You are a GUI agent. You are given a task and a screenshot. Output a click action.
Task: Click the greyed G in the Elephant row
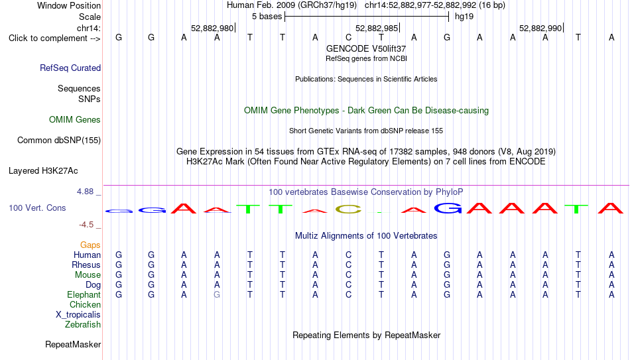click(x=217, y=295)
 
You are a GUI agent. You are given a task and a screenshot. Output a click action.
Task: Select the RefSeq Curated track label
click(x=70, y=68)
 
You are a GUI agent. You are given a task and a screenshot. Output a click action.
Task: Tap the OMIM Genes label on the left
click(x=75, y=120)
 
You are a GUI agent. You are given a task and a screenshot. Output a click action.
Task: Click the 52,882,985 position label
click(x=377, y=28)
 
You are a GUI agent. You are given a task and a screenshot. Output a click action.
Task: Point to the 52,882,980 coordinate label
click(x=212, y=28)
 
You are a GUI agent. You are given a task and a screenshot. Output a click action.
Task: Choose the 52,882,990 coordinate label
click(x=540, y=28)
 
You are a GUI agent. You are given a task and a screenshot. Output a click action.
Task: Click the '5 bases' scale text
click(x=267, y=17)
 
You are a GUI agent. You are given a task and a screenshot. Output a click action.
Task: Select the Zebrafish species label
click(x=83, y=325)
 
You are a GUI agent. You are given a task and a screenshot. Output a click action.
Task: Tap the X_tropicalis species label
click(x=78, y=315)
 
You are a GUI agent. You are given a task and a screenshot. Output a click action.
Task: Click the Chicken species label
click(x=85, y=304)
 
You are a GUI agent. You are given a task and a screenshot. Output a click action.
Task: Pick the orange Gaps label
click(x=90, y=245)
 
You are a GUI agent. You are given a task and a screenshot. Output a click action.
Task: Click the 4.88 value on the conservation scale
click(x=85, y=192)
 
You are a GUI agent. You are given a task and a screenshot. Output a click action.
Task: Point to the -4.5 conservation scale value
click(x=86, y=225)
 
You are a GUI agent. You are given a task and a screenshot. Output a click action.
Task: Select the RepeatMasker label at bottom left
click(x=73, y=344)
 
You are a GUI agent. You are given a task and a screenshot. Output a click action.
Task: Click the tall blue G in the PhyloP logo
click(x=448, y=208)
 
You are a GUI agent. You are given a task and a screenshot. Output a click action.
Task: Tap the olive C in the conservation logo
click(x=348, y=210)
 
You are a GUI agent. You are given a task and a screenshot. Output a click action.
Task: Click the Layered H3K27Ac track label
click(x=43, y=171)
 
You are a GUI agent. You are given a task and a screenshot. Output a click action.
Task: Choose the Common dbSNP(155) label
click(x=59, y=141)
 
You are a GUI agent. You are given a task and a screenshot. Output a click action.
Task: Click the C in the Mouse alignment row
click(x=348, y=275)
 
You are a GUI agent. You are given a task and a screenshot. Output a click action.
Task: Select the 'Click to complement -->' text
click(x=54, y=38)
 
